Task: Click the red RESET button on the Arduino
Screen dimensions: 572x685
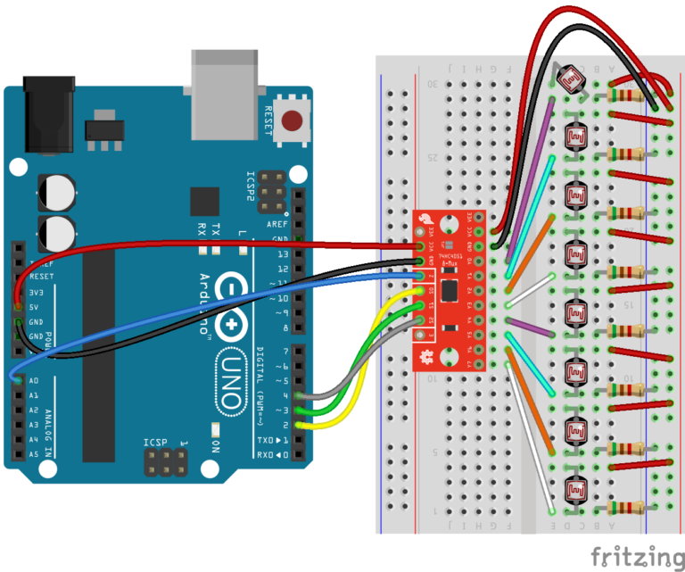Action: (290, 120)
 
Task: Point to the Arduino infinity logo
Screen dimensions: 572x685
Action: (234, 309)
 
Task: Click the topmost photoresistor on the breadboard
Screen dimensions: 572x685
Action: (572, 78)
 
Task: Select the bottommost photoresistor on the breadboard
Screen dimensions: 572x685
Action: (576, 489)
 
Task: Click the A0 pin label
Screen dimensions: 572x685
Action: (34, 380)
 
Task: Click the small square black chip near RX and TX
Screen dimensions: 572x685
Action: (204, 202)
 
